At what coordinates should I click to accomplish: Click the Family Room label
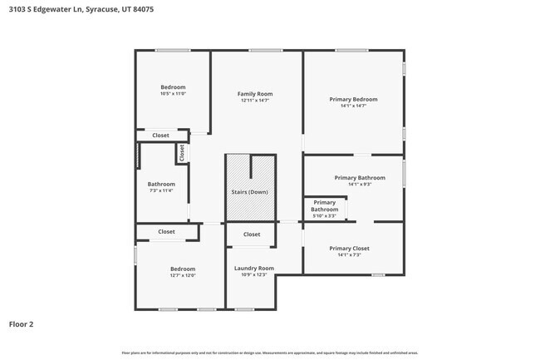point(255,94)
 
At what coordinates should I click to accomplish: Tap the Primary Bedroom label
point(353,99)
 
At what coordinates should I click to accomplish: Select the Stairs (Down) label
point(249,192)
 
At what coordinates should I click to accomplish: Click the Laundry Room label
point(253,268)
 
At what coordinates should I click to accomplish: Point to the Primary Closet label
point(349,248)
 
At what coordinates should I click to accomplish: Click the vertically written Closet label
point(182,153)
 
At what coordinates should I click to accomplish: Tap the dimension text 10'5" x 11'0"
point(173,94)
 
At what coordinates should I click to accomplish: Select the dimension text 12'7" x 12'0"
point(183,275)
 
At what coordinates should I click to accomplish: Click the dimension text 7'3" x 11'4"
point(161,190)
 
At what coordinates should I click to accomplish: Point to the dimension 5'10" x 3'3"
point(324,216)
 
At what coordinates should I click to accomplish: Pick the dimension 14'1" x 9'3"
point(360,185)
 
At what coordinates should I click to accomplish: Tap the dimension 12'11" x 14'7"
point(255,101)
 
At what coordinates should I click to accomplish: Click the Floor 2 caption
point(21,323)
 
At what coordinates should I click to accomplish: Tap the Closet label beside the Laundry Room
point(252,234)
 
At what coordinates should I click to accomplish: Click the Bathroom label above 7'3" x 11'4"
point(161,184)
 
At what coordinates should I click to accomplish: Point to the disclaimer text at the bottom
point(270,353)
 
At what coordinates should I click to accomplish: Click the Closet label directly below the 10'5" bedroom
point(160,135)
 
